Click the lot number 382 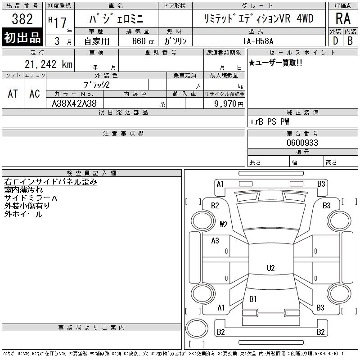coord(22,19)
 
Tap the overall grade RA coord(343,18)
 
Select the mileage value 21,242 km coord(49,64)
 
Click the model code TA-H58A coord(258,41)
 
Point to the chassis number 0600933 coord(302,143)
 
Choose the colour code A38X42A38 coord(74,103)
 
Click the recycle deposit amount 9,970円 coord(229,104)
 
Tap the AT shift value coord(13,94)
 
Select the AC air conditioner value coord(35,94)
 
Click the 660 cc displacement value coord(143,41)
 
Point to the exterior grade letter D coord(335,41)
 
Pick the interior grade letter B coord(350,41)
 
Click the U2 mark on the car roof coord(271,268)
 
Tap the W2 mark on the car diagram coord(223,224)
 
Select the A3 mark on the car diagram coord(215,241)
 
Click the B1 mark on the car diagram coord(253,299)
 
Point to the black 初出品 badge coord(22,37)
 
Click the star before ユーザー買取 coord(252,63)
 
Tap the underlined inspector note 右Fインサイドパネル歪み coord(50,182)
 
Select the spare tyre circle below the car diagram coord(197,328)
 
